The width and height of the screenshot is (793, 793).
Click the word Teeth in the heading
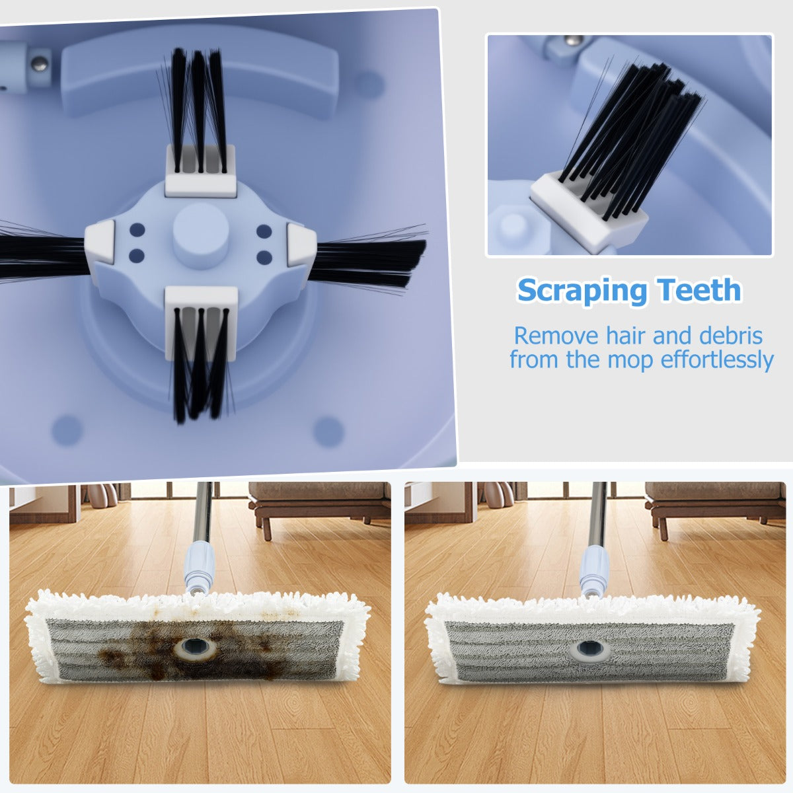699,289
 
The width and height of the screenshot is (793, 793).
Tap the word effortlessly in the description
717,359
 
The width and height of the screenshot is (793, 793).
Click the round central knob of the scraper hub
200,236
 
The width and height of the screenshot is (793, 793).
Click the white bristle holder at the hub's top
200,170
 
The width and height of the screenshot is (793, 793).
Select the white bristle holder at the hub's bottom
202,323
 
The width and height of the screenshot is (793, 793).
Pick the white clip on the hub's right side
301,245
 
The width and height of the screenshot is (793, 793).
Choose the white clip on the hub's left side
100,242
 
